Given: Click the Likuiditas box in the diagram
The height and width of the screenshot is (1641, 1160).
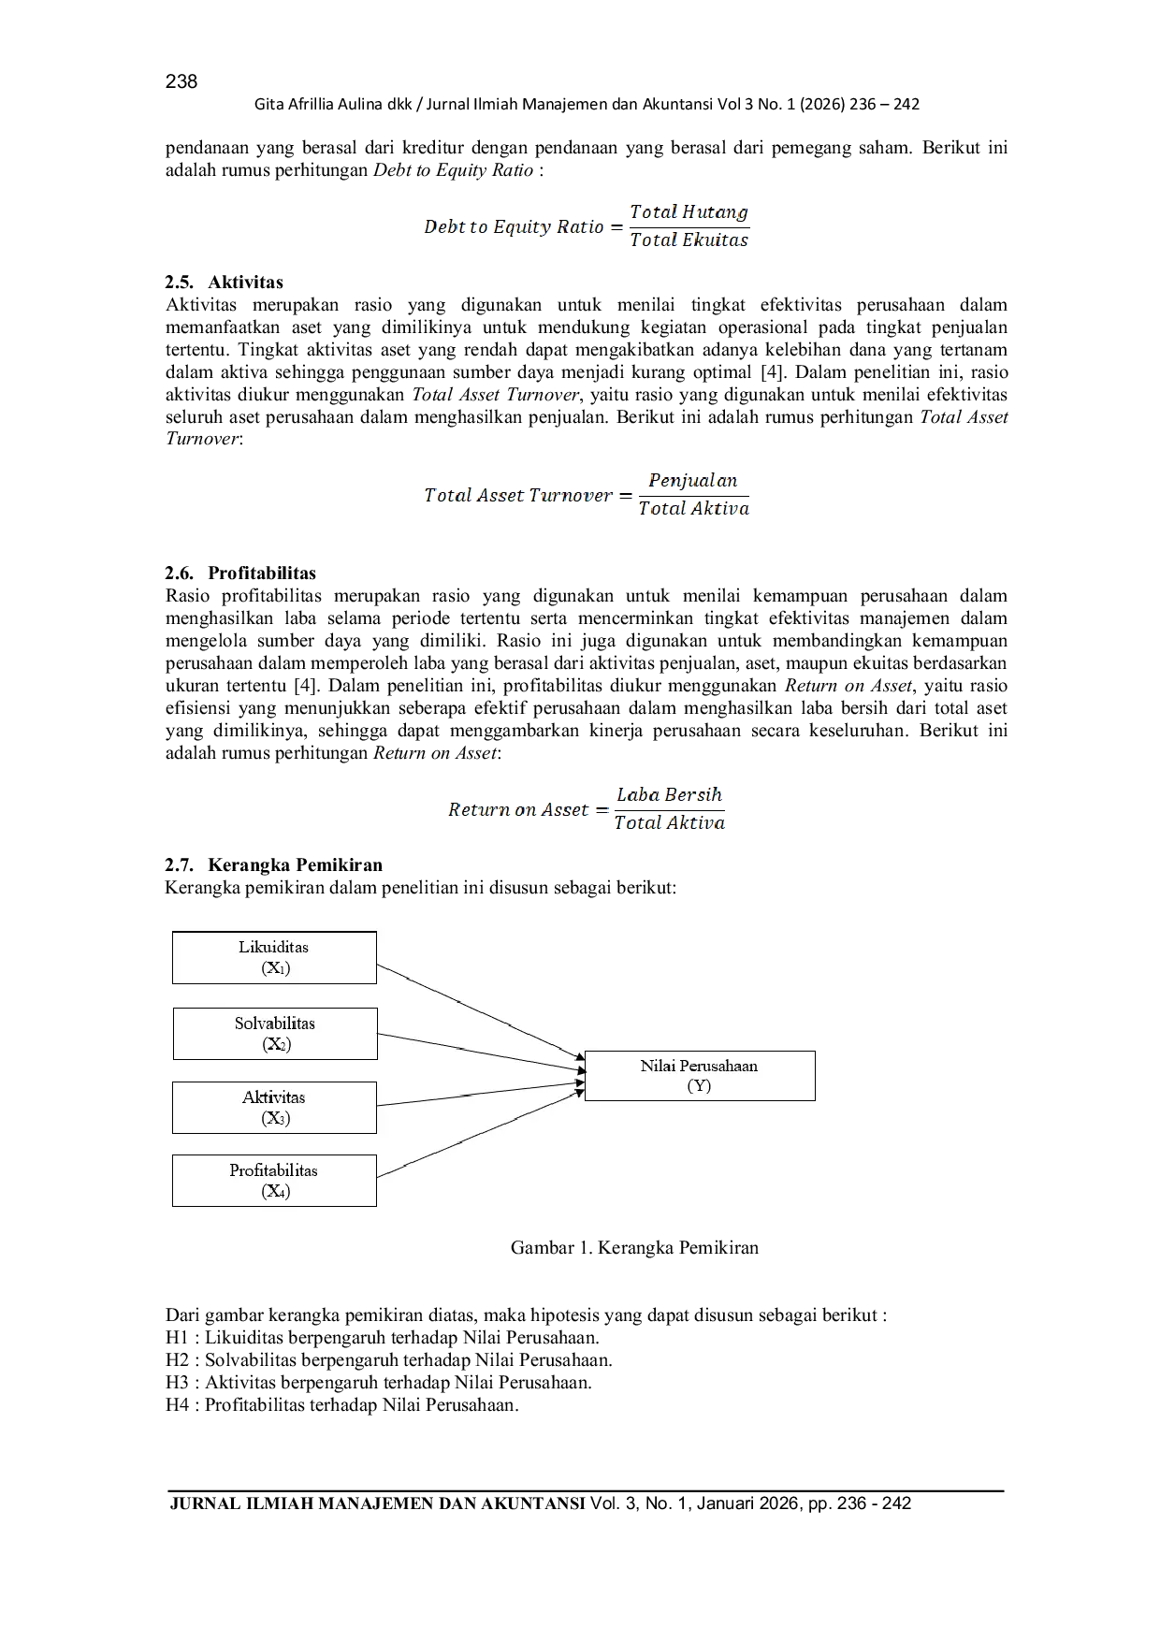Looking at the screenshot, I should click(x=274, y=957).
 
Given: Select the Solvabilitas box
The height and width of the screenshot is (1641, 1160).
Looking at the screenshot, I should click(x=275, y=1033).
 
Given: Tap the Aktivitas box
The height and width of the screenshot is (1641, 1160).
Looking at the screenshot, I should click(x=274, y=1107).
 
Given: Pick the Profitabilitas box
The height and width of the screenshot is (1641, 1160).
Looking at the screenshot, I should click(x=274, y=1180).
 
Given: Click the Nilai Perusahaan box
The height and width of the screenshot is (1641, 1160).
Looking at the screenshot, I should click(x=700, y=1075).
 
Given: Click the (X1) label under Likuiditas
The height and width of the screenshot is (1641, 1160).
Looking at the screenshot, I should click(x=276, y=968).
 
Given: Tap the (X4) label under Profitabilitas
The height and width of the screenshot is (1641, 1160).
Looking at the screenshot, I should click(x=276, y=1191).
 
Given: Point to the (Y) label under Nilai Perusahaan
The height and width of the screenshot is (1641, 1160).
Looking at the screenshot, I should click(x=699, y=1086).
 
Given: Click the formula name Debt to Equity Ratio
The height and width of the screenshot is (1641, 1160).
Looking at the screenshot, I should click(x=513, y=226).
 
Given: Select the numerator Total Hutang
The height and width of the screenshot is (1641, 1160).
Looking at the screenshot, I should click(x=689, y=212).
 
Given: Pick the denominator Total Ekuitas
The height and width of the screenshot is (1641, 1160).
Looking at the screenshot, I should click(x=689, y=240).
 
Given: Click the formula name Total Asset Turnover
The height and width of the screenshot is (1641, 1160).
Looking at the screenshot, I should click(x=517, y=495).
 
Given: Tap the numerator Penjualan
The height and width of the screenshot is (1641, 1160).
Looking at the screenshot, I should click(x=694, y=481).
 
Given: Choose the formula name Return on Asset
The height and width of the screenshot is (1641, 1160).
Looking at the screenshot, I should click(x=518, y=809).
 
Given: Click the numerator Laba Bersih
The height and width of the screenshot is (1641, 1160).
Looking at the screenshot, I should click(x=669, y=795).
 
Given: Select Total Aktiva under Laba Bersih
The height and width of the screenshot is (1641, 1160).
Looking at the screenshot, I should click(x=669, y=823).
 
